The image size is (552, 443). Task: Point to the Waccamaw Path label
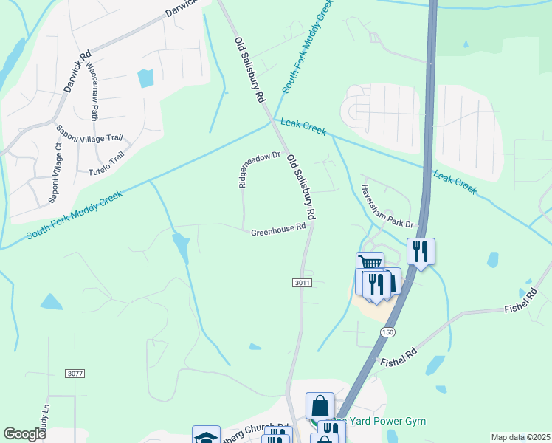pyautogui.click(x=92, y=96)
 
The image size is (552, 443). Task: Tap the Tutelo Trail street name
pyautogui.click(x=108, y=159)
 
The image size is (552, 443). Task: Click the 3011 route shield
pyautogui.click(x=303, y=283)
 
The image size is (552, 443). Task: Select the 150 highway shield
pyautogui.click(x=387, y=332)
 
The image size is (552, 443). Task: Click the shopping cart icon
pyautogui.click(x=369, y=264)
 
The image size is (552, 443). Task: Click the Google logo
pyautogui.click(x=24, y=434)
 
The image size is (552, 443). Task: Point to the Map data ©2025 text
pyautogui.click(x=521, y=437)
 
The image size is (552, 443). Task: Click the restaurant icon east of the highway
pyautogui.click(x=420, y=250)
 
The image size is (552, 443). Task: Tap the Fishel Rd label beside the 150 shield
pyautogui.click(x=399, y=358)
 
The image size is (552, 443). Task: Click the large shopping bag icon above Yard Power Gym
pyautogui.click(x=320, y=405)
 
